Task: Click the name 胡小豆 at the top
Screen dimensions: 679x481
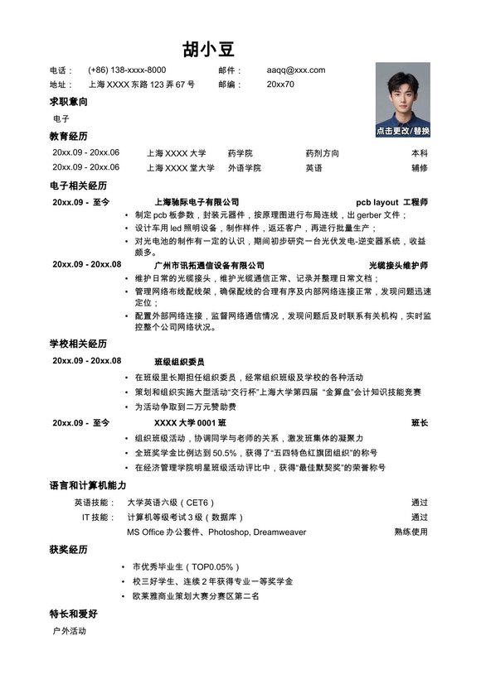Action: pos(209,48)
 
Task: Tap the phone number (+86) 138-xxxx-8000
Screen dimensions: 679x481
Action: pos(127,70)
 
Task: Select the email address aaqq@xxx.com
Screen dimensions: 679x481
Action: pos(296,70)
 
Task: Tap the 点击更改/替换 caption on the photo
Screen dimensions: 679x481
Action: pos(403,131)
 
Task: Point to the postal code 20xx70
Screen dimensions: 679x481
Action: pos(280,84)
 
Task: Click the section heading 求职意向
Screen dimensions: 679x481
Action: pos(69,102)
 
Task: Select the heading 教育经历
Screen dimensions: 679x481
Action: pos(69,136)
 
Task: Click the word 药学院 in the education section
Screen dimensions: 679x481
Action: pos(240,153)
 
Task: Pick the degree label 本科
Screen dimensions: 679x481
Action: pos(420,153)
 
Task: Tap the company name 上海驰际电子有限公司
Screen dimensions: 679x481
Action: pos(197,202)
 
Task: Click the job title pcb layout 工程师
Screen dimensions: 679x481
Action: pos(391,202)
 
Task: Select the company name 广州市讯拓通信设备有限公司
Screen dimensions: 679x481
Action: pos(204,265)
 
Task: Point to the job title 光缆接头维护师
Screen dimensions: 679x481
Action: pos(398,265)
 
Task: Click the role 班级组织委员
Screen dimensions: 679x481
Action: pos(179,362)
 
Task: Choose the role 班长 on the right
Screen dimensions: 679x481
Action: pos(420,423)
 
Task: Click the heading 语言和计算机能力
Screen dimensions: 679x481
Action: pos(88,485)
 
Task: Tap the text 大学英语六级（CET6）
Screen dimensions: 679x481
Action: pos(171,503)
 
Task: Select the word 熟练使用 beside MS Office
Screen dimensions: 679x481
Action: pos(411,532)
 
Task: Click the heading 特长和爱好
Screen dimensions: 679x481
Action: pos(74,614)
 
